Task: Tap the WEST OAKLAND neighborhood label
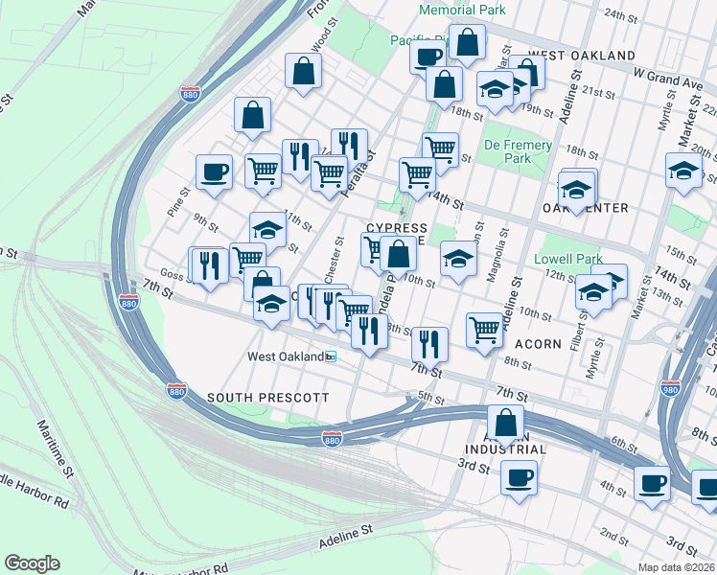(581, 56)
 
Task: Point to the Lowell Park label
(574, 259)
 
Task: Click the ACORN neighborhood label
(537, 343)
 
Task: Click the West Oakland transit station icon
(332, 356)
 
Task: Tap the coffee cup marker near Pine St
(214, 172)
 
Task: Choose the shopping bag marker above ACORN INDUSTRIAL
(505, 422)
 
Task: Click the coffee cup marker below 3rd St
(519, 477)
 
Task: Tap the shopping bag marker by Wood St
(303, 71)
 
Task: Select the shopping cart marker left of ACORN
(485, 329)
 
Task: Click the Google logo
(32, 563)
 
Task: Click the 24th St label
(621, 15)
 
